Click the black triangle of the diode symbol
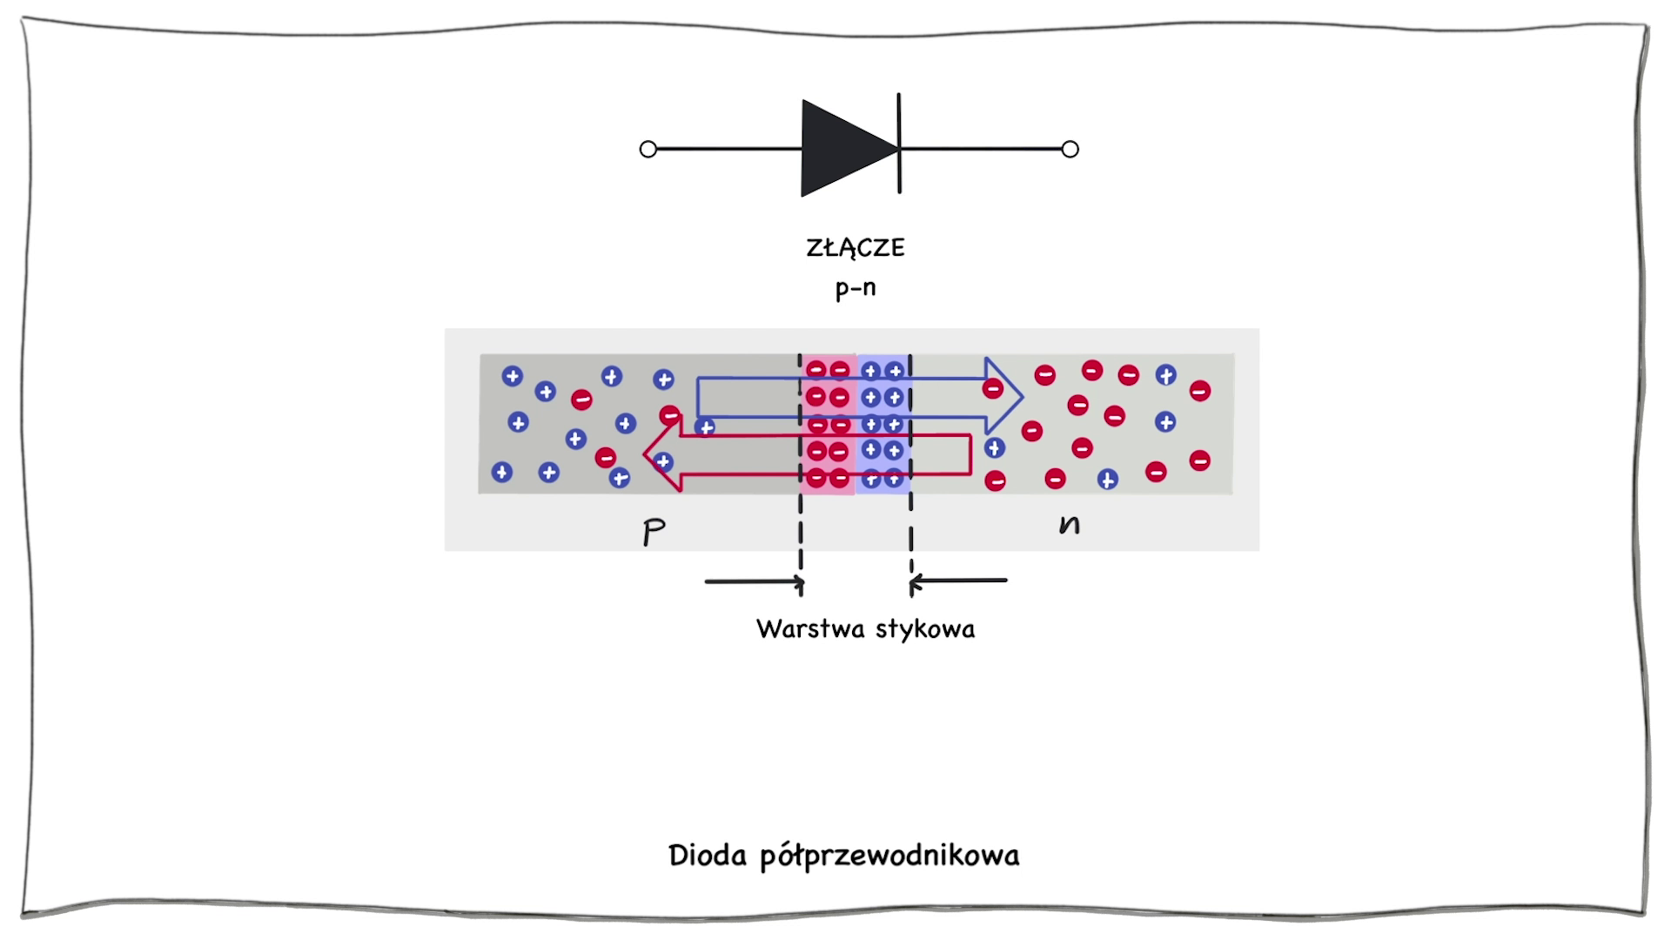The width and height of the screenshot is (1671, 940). (x=840, y=149)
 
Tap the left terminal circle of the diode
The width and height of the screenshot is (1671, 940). (x=648, y=150)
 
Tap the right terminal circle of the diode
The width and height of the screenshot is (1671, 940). (x=1070, y=150)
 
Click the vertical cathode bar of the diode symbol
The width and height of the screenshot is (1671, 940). (x=899, y=122)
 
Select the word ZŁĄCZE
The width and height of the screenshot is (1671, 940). (x=856, y=248)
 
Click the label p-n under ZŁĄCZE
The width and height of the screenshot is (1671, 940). (x=856, y=288)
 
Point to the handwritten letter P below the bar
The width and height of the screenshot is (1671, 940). (x=654, y=531)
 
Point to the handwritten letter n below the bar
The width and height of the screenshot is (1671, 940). (x=1070, y=524)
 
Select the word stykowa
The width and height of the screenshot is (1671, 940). (x=925, y=628)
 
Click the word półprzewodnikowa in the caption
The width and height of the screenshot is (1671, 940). (x=889, y=856)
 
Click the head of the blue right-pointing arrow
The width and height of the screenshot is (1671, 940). (x=1006, y=396)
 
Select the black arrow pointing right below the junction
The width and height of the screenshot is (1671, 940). (x=754, y=581)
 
